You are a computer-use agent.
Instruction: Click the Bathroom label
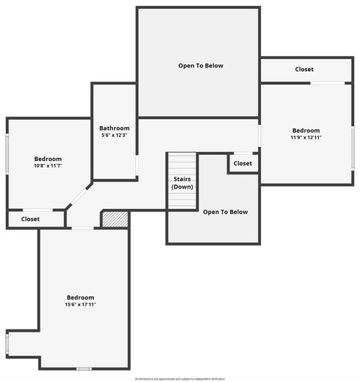[x=115, y=128]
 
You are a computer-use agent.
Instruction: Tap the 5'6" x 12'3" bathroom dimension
[x=115, y=136]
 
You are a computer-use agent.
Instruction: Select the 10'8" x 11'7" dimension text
[x=48, y=166]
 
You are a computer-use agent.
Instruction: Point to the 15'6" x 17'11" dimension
[x=80, y=305]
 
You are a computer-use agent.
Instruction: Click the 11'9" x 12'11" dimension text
[x=305, y=138]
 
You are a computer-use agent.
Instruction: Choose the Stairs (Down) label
[x=182, y=183]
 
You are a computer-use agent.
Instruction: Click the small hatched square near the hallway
[x=115, y=219]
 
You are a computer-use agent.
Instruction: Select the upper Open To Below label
[x=200, y=66]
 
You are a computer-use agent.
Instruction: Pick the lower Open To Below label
[x=225, y=212]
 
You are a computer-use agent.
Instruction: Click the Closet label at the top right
[x=304, y=70]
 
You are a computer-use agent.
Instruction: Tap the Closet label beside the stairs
[x=243, y=163]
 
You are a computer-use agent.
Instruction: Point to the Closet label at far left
[x=31, y=219]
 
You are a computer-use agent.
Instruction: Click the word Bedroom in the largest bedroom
[x=80, y=297]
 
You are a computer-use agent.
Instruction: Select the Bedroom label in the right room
[x=305, y=130]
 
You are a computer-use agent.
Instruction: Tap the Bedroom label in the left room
[x=48, y=159]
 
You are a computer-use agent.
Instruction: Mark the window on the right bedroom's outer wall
[x=352, y=148]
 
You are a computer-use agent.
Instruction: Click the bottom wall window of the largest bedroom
[x=84, y=369]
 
